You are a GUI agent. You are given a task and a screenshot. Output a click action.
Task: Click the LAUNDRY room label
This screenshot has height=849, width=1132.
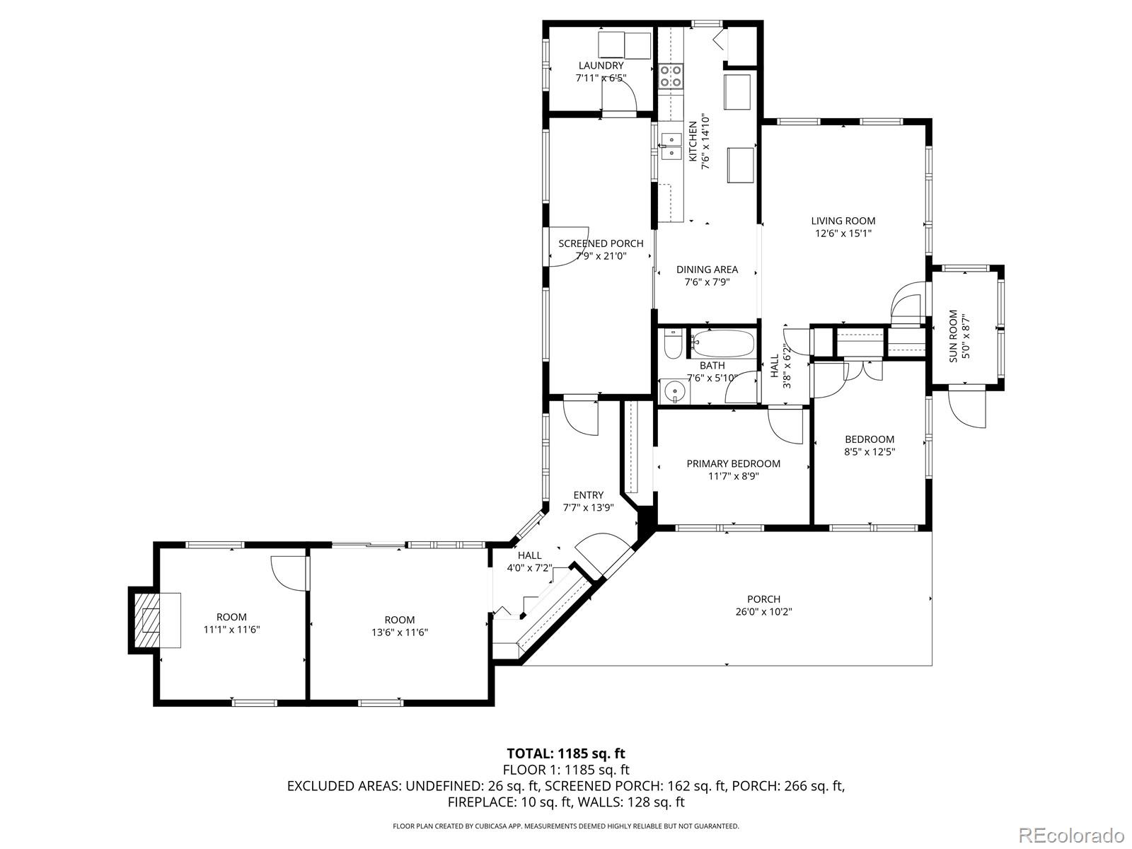pos(601,66)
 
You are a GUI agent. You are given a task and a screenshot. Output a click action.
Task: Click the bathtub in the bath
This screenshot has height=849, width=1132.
pos(722,343)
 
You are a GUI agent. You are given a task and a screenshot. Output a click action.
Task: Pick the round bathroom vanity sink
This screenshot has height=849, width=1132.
pos(675,390)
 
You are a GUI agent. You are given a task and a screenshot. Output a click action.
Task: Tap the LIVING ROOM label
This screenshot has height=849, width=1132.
pos(843,221)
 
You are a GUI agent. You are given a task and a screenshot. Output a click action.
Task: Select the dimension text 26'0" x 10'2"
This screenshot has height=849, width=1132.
pos(763,612)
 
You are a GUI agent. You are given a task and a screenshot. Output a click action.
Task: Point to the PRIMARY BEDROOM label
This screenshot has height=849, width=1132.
pos(733,463)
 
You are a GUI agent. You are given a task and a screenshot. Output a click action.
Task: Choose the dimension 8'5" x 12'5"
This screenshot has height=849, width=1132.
pos(870,451)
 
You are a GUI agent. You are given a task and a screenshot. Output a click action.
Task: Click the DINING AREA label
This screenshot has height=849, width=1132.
pos(707,269)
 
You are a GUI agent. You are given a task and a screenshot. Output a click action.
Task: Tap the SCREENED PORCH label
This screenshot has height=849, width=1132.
pos(601,243)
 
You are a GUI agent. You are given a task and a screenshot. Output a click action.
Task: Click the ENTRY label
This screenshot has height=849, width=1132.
pos(588,495)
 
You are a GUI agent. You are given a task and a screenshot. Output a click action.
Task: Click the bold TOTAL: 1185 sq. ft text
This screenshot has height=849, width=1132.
pos(566,753)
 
